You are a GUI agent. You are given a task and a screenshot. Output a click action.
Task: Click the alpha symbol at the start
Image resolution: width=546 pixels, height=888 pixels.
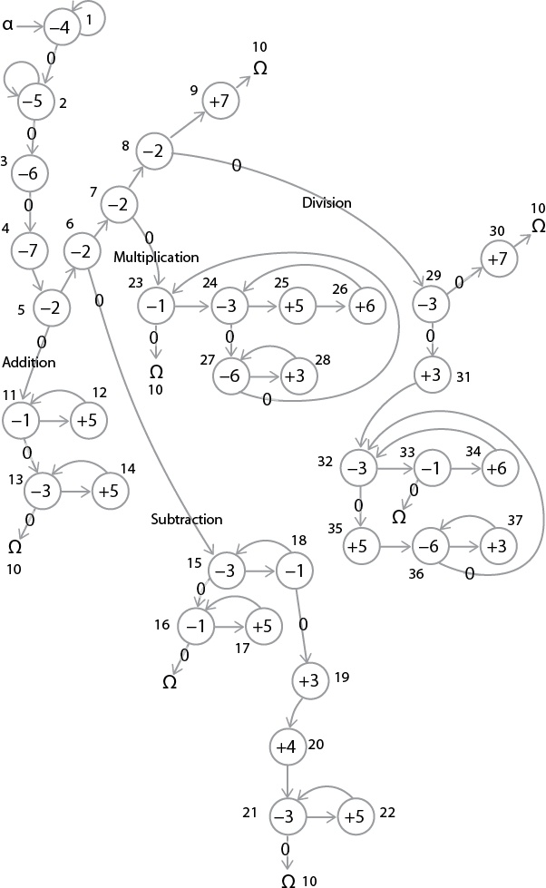click(x=8, y=26)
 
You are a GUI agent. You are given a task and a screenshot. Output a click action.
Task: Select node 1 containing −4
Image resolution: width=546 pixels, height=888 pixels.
click(x=60, y=29)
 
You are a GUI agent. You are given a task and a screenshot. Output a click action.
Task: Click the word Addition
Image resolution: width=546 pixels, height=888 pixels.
click(x=29, y=362)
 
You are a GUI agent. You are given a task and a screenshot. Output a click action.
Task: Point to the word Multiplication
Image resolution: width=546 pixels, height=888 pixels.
click(x=156, y=258)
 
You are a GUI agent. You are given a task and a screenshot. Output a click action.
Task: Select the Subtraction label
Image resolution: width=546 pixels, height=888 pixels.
click(x=187, y=520)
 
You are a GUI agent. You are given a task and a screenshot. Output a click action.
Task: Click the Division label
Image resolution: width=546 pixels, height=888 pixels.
click(x=327, y=202)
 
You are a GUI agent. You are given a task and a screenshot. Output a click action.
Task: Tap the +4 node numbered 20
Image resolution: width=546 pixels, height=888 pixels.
click(x=287, y=747)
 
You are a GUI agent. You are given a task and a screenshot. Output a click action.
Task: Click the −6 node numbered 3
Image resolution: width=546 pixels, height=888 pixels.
click(x=29, y=172)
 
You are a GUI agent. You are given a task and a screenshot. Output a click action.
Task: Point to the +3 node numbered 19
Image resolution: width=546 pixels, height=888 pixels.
click(x=308, y=678)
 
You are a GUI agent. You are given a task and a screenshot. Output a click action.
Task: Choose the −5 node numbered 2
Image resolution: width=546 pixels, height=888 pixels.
click(x=33, y=101)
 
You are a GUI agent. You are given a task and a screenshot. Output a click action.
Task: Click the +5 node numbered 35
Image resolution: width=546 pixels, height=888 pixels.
click(x=359, y=547)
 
